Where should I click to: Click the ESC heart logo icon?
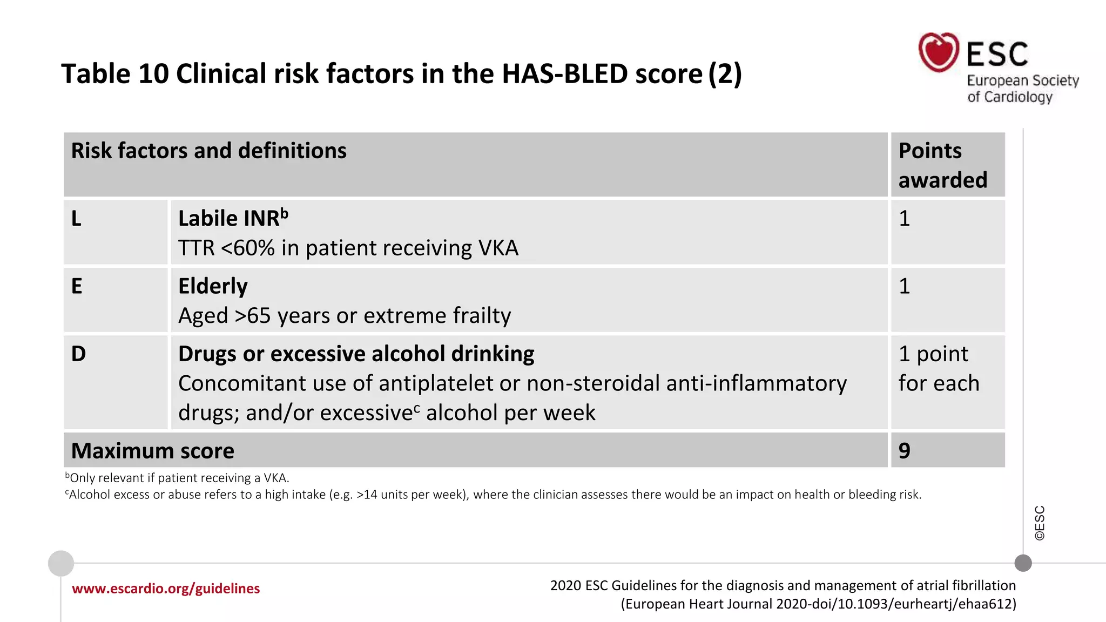939,52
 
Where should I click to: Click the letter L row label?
76,219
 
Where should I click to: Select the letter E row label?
77,286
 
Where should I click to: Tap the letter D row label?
78,354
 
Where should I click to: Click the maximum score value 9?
905,450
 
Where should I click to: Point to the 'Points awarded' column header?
942,165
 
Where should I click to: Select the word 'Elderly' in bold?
213,286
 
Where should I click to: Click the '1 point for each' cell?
938,368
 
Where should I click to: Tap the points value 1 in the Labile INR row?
905,219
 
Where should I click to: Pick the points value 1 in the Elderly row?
905,286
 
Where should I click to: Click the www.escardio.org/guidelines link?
166,589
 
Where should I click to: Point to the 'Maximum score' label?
153,451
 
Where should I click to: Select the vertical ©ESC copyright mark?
1040,523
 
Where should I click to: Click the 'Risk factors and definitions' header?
208,151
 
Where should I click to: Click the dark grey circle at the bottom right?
1023,563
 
